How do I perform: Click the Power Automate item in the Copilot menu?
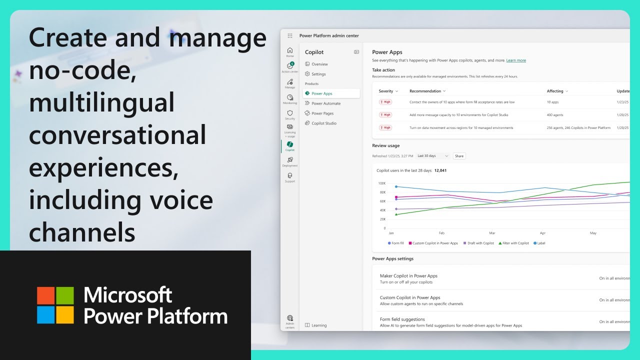326,103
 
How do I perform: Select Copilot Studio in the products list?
324,123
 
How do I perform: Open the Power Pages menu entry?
322,113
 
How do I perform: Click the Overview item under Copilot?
319,64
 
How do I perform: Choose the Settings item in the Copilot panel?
318,74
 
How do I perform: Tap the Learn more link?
516,60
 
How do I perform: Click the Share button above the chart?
459,156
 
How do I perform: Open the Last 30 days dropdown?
433,156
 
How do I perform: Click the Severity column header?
388,91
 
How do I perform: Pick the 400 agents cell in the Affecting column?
555,114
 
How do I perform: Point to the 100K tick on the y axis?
381,183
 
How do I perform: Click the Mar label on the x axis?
492,233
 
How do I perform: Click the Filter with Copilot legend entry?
514,243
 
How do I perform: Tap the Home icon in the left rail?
290,51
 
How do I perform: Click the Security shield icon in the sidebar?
290,113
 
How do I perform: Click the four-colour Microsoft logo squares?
55,305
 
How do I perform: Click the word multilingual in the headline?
102,102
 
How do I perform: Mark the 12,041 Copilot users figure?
440,170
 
